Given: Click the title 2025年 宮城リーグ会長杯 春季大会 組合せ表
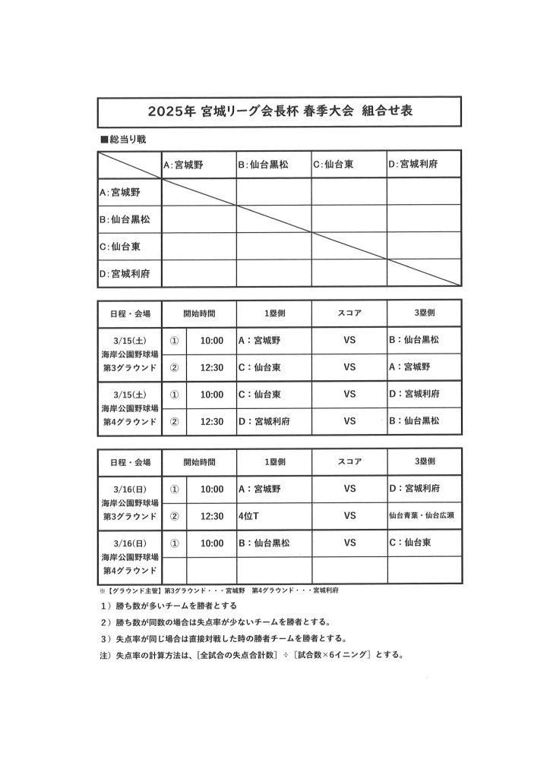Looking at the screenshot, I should pyautogui.click(x=280, y=111).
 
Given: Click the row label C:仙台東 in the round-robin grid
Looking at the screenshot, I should pyautogui.click(x=121, y=247).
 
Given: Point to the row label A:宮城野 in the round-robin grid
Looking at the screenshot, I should pyautogui.click(x=120, y=192).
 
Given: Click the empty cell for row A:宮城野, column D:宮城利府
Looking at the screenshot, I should pyautogui.click(x=424, y=191).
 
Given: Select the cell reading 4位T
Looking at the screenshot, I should pyautogui.click(x=249, y=516).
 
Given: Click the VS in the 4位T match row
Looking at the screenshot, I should pyautogui.click(x=349, y=516).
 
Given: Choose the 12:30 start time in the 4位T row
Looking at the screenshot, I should pyautogui.click(x=211, y=516).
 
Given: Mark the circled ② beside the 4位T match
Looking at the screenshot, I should pyautogui.click(x=175, y=516).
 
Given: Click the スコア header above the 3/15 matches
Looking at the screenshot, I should pyautogui.click(x=349, y=313).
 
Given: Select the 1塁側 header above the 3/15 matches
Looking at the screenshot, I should pyautogui.click(x=274, y=313).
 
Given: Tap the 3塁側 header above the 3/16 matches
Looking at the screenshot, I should pyautogui.click(x=424, y=461).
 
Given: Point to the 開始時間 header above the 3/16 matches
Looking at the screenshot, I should pyautogui.click(x=199, y=461).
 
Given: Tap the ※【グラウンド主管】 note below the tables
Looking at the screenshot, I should pyautogui.click(x=219, y=590).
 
